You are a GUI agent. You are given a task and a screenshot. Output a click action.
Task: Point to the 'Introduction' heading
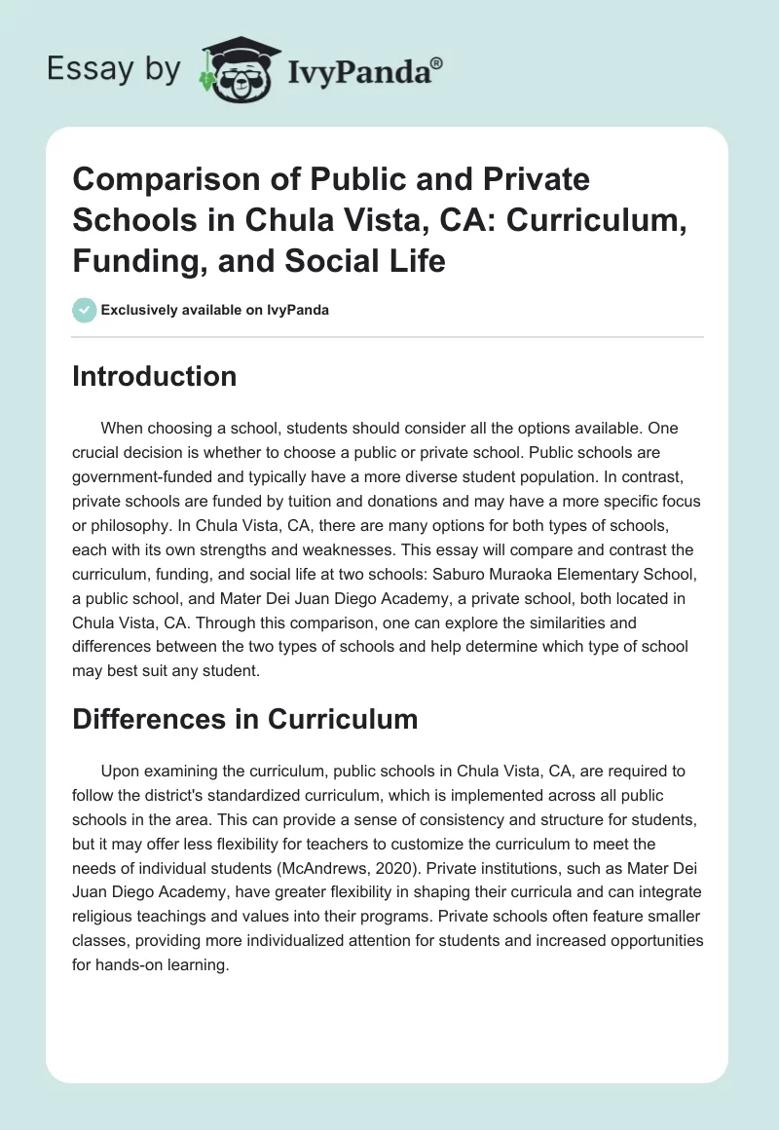click(x=154, y=376)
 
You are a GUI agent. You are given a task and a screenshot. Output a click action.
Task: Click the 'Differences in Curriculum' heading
click(x=244, y=719)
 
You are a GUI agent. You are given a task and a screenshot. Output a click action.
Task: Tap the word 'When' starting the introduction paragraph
click(x=123, y=428)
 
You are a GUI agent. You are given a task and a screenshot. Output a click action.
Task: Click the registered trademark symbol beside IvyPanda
click(x=438, y=61)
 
